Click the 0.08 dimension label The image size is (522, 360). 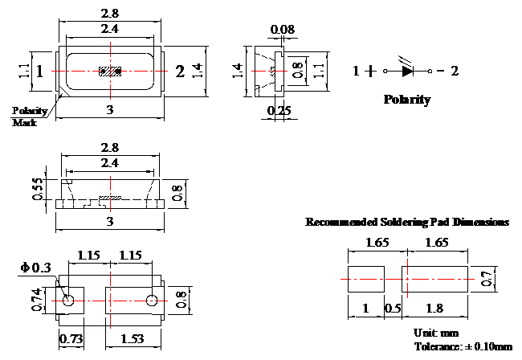[x=283, y=29]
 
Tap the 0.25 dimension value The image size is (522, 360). [x=279, y=110]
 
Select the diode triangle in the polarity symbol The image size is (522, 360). [x=407, y=71]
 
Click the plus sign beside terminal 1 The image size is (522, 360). [x=370, y=71]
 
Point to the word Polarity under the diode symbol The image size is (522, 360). [x=407, y=100]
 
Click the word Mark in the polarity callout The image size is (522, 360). [x=24, y=123]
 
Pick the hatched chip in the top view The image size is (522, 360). [x=110, y=72]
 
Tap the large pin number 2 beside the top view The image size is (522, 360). [x=180, y=72]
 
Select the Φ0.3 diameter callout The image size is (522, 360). [x=35, y=268]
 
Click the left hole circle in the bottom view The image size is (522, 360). [x=68, y=301]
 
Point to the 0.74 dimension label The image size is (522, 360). [x=37, y=300]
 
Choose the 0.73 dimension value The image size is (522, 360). [x=71, y=339]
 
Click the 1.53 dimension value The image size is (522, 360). [x=133, y=339]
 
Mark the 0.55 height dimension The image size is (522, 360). [x=38, y=189]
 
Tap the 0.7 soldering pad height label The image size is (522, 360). [x=487, y=279]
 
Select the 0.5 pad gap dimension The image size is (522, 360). [x=393, y=309]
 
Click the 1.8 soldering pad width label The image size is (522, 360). [x=434, y=309]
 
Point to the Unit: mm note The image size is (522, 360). [x=436, y=333]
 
